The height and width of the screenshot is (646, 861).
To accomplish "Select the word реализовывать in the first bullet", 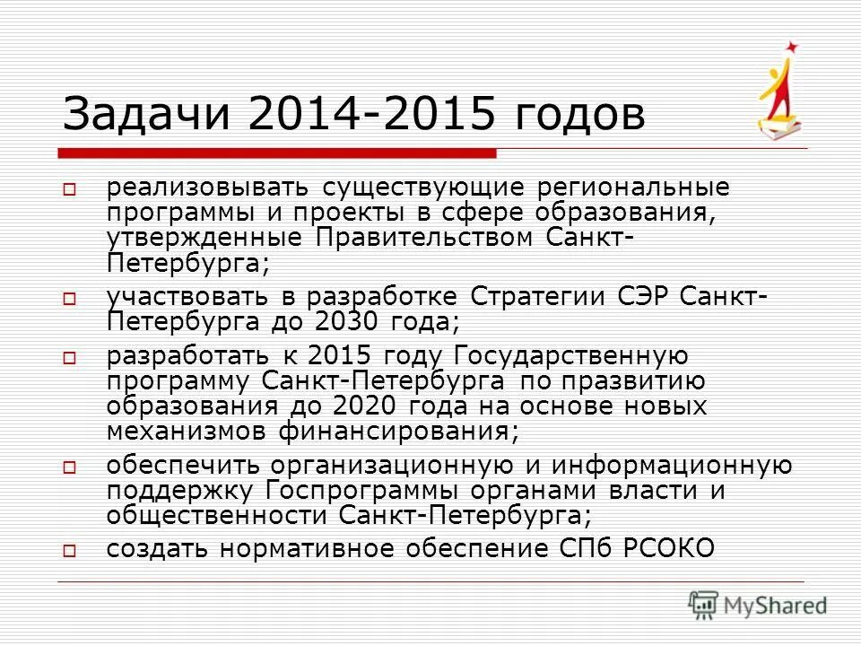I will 207,188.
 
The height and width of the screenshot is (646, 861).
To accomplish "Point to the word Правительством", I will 429,238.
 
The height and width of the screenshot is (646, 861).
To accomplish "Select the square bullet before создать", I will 70,549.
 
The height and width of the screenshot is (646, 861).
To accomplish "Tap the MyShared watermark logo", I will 758,604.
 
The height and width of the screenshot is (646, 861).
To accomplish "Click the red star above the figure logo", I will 791,46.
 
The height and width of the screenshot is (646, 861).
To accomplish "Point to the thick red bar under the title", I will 278,153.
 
